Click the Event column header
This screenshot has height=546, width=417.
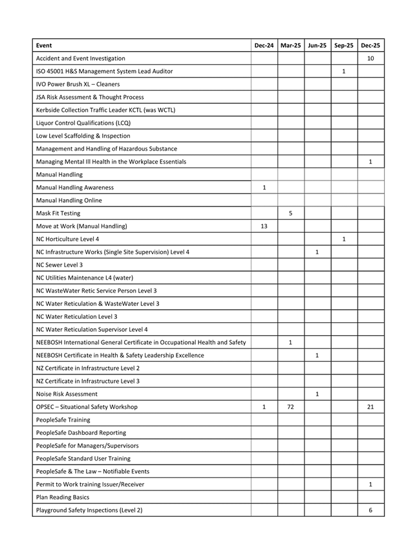coord(45,45)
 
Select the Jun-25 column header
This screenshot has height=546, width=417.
coord(317,45)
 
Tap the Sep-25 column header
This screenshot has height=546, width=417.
coord(343,45)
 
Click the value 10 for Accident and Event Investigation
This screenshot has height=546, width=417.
coord(370,58)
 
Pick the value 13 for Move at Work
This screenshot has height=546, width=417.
coord(264,226)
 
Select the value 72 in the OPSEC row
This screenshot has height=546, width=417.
coord(291,407)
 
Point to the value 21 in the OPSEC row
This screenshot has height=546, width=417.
coord(370,407)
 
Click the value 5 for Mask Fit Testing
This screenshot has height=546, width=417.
coord(291,213)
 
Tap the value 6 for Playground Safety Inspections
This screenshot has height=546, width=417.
coord(370,510)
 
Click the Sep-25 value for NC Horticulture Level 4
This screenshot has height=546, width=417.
coord(343,239)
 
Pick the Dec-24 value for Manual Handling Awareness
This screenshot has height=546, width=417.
coord(264,187)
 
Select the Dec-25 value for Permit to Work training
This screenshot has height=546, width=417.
coord(370,484)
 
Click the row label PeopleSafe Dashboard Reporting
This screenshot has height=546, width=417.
coord(81,433)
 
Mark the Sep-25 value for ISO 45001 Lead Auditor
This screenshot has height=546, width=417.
coord(343,71)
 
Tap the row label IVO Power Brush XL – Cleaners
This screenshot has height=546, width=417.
coord(78,84)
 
